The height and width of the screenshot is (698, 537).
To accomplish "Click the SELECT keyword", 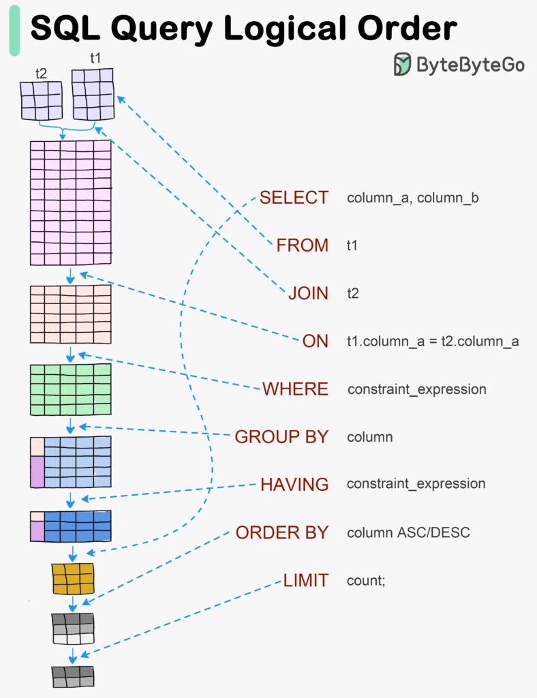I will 294,198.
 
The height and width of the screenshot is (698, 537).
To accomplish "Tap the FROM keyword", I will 302,245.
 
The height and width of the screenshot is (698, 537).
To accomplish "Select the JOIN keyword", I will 308,293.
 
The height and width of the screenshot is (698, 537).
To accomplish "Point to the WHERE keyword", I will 295,389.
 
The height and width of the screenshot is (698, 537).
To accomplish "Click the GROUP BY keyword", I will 281,437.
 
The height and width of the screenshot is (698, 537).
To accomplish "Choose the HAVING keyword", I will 294,484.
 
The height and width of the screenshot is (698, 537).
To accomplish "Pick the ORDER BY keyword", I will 281,532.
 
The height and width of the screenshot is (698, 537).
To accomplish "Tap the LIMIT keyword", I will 305,581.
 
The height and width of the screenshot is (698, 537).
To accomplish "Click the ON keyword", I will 315,341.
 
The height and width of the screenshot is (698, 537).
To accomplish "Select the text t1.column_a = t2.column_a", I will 433,342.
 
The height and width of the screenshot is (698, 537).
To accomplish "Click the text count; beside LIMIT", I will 366,581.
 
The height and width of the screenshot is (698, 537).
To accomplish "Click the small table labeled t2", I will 41,101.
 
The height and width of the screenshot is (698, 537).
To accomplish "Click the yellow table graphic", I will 72,578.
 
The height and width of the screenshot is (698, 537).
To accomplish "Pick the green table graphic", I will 70,389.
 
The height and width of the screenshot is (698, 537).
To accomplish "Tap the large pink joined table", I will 70,202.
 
